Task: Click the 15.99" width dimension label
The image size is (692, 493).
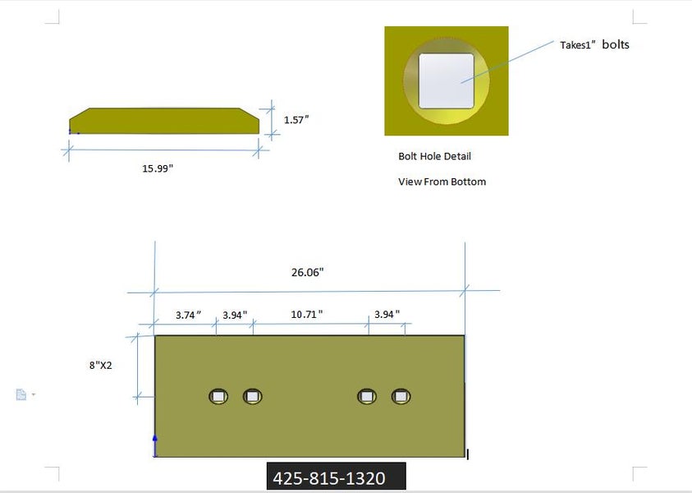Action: pos(158,168)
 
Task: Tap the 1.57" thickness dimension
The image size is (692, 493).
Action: pos(296,120)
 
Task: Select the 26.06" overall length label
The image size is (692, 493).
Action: pos(307,272)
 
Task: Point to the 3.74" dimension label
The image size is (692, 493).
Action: pos(189,315)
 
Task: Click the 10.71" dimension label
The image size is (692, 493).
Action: pos(307,315)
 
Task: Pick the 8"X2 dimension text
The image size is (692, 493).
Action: pos(101,365)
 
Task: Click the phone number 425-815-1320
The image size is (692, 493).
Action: pos(329,478)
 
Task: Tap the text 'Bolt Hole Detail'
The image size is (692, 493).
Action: pos(435,156)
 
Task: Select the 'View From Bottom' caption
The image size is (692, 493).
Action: pos(442,182)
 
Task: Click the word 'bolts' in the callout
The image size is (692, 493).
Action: pos(616,44)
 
